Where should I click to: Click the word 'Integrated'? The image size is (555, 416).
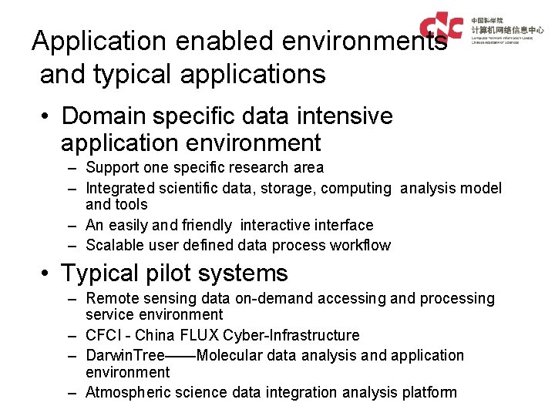[119, 188]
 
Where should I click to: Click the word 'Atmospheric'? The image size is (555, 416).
[128, 392]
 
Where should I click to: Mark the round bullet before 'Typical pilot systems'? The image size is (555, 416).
[48, 274]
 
